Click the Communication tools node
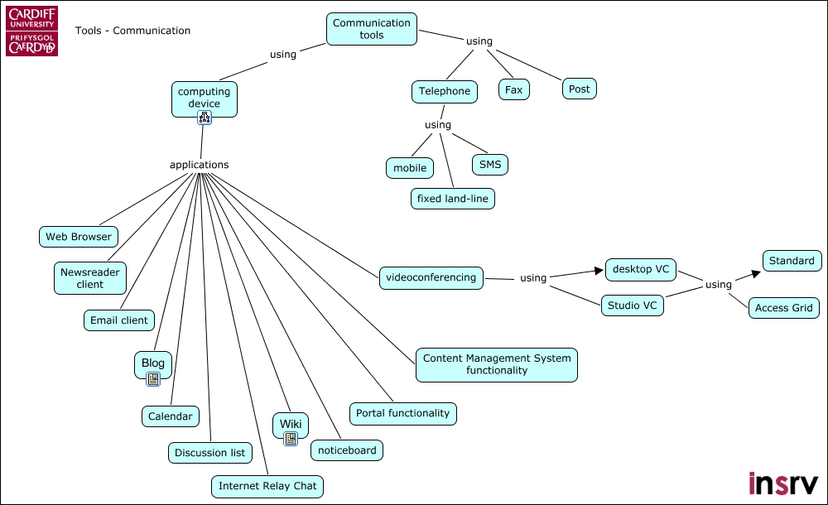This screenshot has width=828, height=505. click(372, 29)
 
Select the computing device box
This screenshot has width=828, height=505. click(204, 98)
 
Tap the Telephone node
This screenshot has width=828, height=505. click(444, 91)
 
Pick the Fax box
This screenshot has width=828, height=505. click(514, 89)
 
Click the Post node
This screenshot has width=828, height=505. click(579, 89)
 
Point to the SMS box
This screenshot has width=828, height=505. click(490, 164)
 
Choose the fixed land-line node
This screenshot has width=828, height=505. click(452, 199)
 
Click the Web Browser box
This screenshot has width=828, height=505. click(79, 236)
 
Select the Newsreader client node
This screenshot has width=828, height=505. click(90, 277)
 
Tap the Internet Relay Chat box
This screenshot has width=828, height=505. click(267, 486)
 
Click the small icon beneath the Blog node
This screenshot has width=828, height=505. click(152, 379)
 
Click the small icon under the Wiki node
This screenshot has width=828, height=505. click(290, 439)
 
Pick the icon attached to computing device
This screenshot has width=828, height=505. click(205, 118)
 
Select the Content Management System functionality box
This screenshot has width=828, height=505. click(497, 364)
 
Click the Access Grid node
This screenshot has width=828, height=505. click(783, 308)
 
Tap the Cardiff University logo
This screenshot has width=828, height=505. click(32, 31)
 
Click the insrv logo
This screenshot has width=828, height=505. click(782, 483)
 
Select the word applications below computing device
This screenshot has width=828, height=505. click(199, 165)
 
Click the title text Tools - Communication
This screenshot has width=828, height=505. click(132, 31)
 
